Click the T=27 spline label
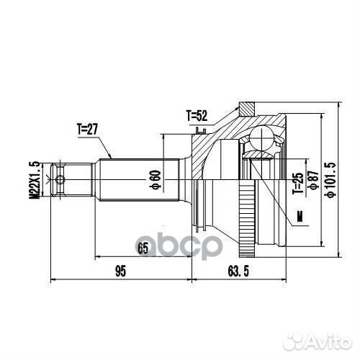tap(87, 129)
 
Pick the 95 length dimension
tap(120, 271)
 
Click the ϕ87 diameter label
tap(312, 180)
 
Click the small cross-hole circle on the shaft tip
tap(61, 179)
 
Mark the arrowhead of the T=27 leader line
tap(111, 157)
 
